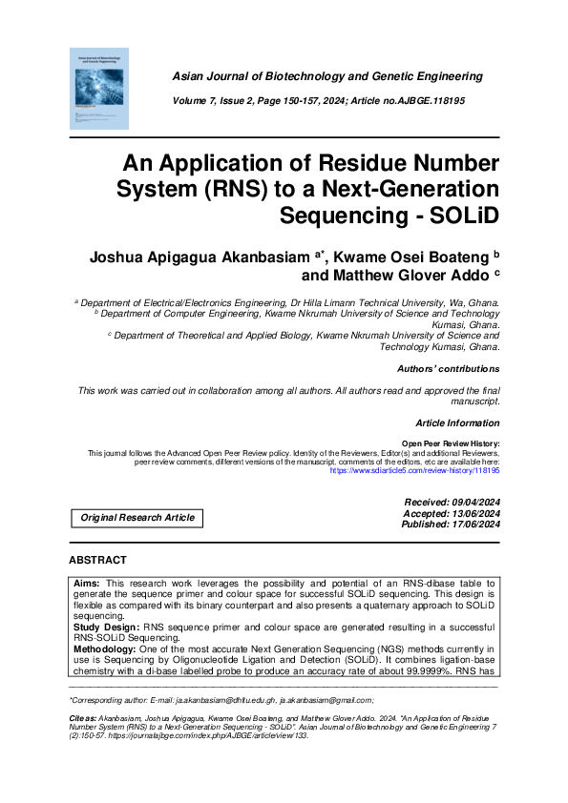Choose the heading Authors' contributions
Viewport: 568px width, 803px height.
447,368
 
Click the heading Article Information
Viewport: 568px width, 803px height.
457,422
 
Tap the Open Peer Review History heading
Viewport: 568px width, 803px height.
451,444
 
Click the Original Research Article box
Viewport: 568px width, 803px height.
137,518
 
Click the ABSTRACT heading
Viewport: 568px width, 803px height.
97,560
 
